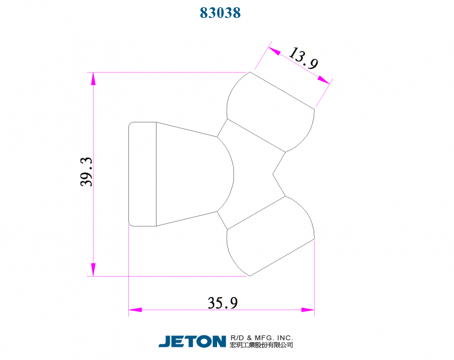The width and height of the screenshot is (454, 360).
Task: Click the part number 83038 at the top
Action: pos(220,13)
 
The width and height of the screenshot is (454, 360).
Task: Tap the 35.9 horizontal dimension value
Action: pos(223,302)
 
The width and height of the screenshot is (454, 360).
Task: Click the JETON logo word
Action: pos(192,341)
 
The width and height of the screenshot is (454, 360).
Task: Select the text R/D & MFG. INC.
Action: pos(261,338)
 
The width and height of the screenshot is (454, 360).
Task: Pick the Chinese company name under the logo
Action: pos(261,346)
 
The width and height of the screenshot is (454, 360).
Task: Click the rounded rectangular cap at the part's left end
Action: pos(143,174)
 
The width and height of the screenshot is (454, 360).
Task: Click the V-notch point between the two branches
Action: pos(274,174)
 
